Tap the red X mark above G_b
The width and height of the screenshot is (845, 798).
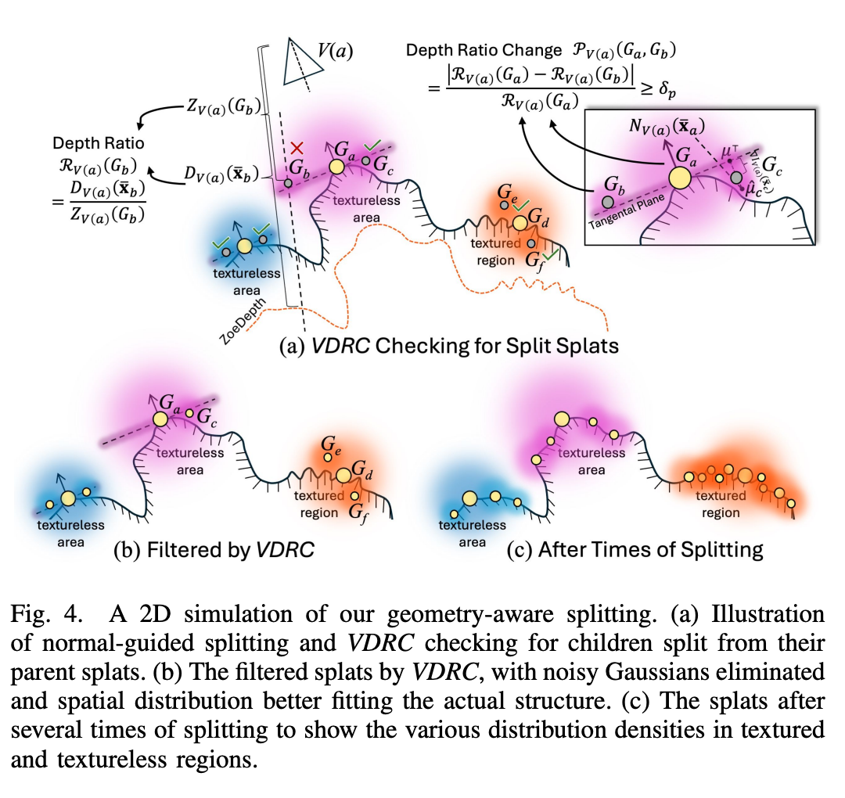coord(297,148)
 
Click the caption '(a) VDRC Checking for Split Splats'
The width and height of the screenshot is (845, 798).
coord(449,344)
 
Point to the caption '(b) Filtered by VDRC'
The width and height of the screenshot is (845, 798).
coord(214,549)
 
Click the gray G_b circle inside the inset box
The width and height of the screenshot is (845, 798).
coord(608,201)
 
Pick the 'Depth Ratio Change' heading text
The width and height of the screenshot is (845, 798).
coord(484,51)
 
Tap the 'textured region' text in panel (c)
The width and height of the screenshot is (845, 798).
coord(720,505)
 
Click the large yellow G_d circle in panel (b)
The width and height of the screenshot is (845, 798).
coord(344,475)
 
